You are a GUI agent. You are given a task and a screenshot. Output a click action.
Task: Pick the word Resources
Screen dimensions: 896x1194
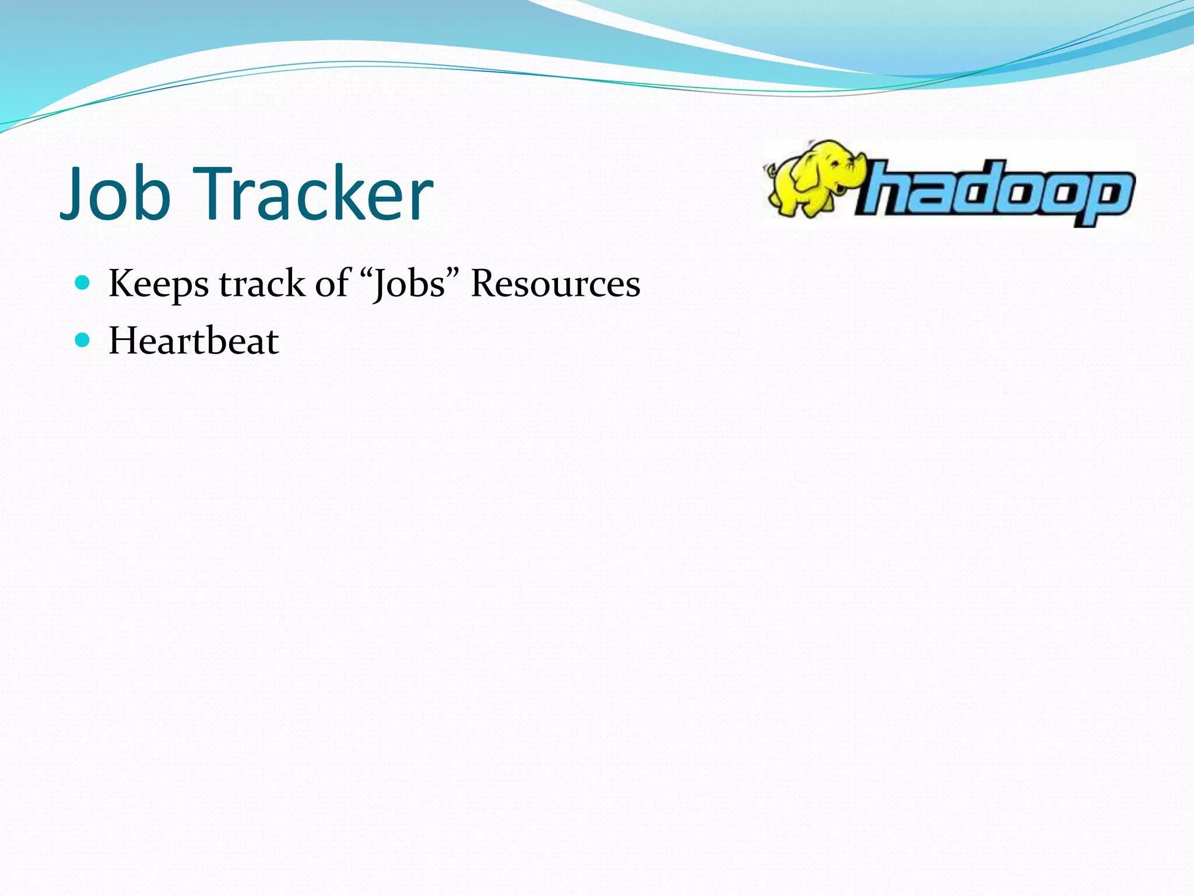pyautogui.click(x=555, y=284)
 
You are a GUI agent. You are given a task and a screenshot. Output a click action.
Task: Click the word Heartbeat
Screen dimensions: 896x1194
pyautogui.click(x=194, y=341)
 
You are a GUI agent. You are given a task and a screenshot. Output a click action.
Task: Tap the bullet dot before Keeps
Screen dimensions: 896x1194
pyautogui.click(x=83, y=283)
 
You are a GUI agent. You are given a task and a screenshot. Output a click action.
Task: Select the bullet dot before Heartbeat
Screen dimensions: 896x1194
pyautogui.click(x=83, y=340)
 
